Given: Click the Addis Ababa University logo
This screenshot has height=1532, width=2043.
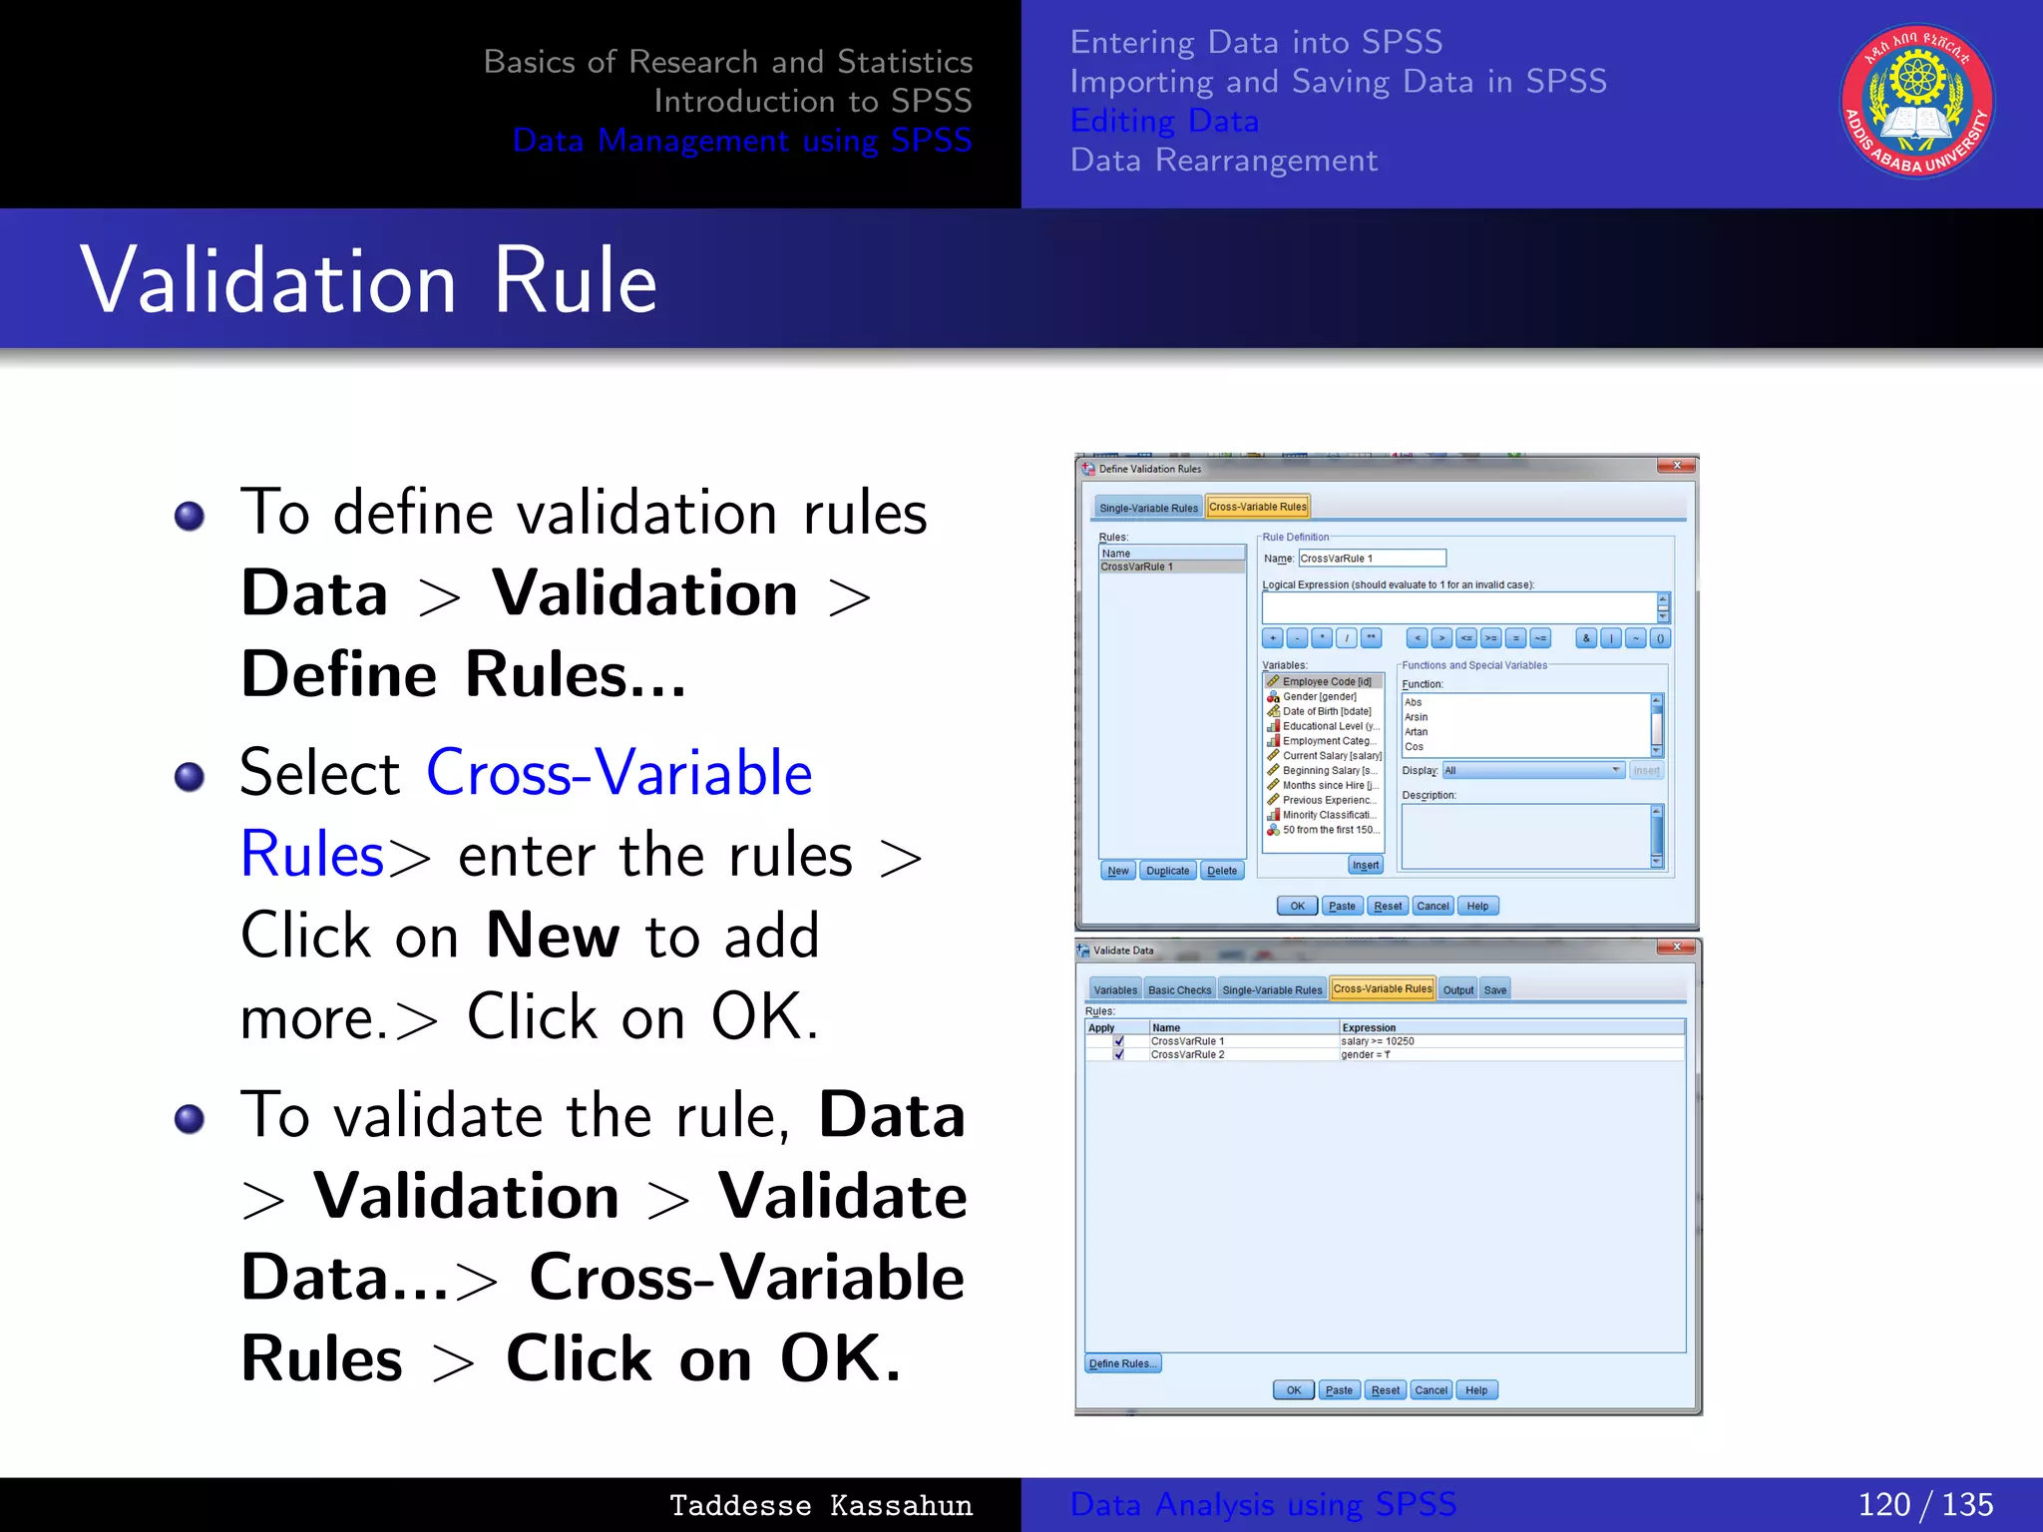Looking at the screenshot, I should (x=1916, y=101).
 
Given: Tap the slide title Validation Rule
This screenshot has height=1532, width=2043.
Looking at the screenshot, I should (x=368, y=280).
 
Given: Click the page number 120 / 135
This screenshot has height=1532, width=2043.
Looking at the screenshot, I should (x=1924, y=1504).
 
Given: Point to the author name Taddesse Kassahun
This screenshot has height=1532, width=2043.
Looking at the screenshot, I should (x=820, y=1505).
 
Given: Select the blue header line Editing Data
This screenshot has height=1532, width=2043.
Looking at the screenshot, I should (x=1164, y=121).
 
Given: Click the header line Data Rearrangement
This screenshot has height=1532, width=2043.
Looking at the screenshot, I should (x=1223, y=160).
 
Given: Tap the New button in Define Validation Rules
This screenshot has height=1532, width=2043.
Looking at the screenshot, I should (x=1117, y=871).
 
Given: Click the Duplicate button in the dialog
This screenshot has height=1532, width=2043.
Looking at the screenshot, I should (x=1167, y=871).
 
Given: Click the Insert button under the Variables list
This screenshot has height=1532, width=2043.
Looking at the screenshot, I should (x=1366, y=865).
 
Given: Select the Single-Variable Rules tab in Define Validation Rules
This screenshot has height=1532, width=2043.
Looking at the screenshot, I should (x=1148, y=508).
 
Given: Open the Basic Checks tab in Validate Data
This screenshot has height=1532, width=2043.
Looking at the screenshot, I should (x=1179, y=989).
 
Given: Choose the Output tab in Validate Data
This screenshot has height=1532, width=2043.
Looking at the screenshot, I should (x=1457, y=989).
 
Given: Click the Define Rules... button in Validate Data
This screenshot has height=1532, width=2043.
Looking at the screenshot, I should (x=1122, y=1363).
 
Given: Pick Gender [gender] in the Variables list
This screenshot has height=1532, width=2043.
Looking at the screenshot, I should (x=1319, y=696).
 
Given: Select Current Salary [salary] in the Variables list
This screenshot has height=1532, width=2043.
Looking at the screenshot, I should (x=1332, y=755).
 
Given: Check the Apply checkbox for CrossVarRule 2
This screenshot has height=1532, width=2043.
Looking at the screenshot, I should (x=1118, y=1054).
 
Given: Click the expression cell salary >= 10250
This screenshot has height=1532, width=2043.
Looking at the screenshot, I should (x=1378, y=1041).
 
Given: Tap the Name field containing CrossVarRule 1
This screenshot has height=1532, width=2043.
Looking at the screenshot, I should (x=1372, y=559).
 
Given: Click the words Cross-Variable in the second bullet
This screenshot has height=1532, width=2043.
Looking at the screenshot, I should (x=618, y=773).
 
